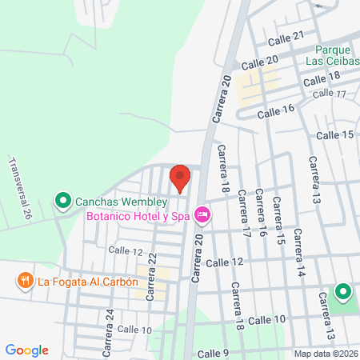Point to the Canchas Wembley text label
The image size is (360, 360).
point(122,201)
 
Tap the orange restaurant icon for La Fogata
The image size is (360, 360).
point(25,281)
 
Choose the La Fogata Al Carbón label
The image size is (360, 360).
point(88,281)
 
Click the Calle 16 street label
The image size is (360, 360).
point(277,110)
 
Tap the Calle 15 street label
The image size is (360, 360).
point(334,135)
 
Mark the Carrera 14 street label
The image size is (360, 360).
point(299,254)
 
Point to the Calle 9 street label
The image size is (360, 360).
point(214,354)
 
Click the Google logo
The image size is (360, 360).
point(26,350)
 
